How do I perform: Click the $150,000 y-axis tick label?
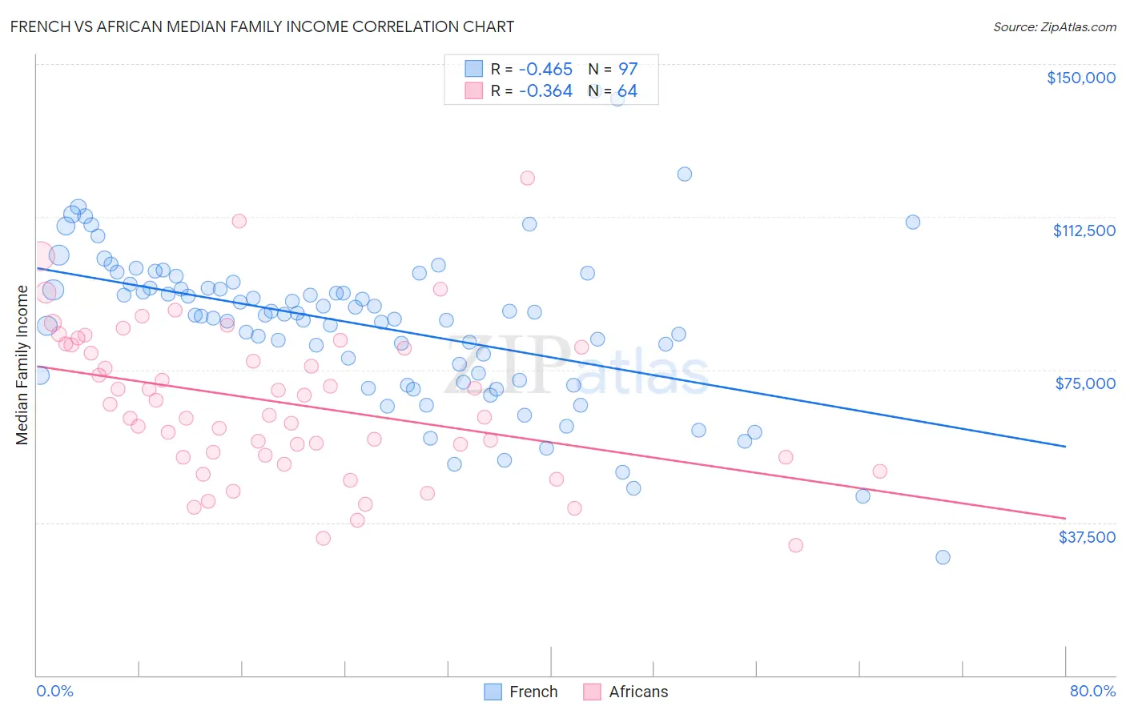[1080, 78]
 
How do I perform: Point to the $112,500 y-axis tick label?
[1084, 231]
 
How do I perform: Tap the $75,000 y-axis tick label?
[1085, 383]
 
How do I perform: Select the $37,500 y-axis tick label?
[1087, 536]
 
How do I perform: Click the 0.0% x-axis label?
[54, 691]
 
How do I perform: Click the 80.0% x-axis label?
[1092, 691]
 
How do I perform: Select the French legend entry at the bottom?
[521, 692]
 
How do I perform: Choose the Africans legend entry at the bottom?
[625, 692]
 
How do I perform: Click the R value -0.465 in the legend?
[545, 69]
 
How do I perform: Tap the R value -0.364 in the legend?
[545, 91]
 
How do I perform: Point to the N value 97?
[627, 69]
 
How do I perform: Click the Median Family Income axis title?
[22, 365]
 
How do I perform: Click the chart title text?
[262, 26]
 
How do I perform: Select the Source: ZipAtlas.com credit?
[1054, 26]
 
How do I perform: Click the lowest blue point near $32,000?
[943, 557]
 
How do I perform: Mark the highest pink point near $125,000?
[527, 178]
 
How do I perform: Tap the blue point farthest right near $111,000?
[912, 222]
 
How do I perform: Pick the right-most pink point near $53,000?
[879, 471]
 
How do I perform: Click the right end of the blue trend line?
[1065, 446]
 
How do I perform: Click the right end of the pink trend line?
[1065, 518]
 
